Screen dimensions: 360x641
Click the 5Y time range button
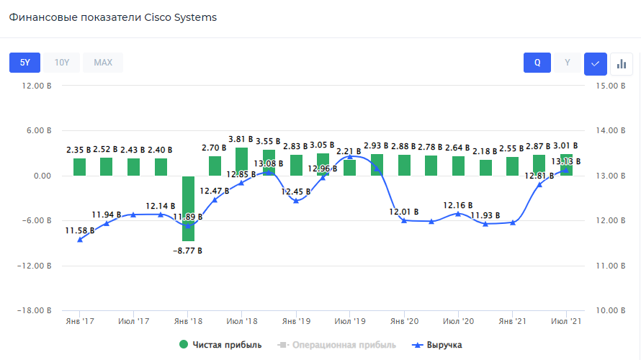[24, 63]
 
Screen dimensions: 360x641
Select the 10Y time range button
[62, 63]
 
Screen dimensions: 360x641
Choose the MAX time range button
[103, 63]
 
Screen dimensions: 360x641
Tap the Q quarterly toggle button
[537, 63]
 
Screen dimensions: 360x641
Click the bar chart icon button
[622, 63]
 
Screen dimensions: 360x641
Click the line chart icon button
[596, 63]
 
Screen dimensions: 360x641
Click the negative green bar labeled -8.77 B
[188, 209]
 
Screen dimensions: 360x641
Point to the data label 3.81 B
[241, 139]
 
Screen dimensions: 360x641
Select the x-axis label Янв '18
[187, 320]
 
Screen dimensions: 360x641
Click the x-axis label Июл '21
[566, 320]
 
